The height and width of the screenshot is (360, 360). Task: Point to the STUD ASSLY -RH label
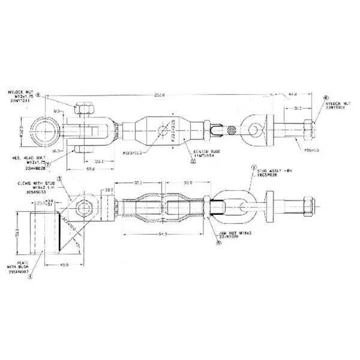(271, 175)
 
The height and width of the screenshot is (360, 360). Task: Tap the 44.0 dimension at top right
(293, 94)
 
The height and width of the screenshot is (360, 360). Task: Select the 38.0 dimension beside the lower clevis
(109, 190)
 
